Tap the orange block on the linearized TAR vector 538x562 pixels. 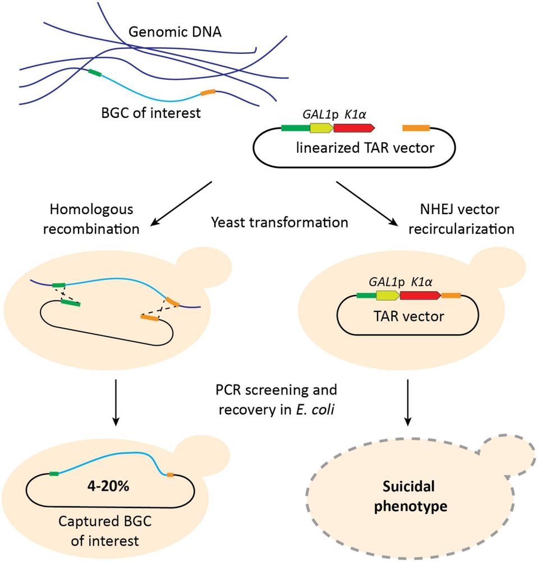(x=416, y=129)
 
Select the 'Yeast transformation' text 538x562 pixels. (x=280, y=223)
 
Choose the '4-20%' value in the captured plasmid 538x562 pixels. (x=112, y=487)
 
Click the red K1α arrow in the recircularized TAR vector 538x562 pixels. (x=420, y=295)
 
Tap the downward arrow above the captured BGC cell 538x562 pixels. (x=115, y=402)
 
